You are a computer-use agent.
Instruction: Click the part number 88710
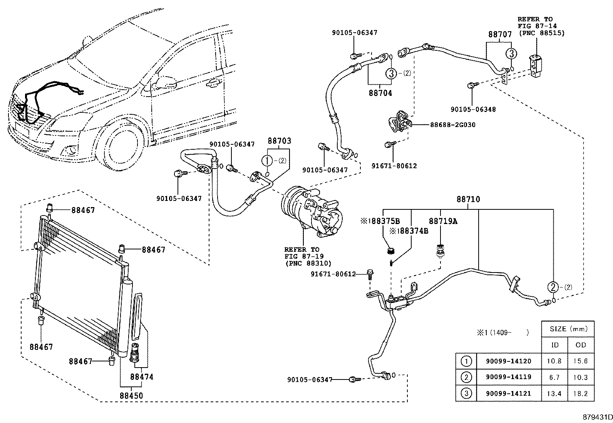click(x=468, y=199)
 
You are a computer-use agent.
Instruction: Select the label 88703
click(x=280, y=141)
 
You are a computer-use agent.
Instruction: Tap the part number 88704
click(x=380, y=93)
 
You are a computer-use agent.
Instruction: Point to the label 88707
click(x=500, y=34)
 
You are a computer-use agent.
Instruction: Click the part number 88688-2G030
click(x=452, y=125)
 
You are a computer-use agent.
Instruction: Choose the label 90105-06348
click(x=473, y=109)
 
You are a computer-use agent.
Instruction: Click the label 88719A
click(x=443, y=221)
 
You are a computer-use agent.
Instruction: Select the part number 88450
click(x=131, y=396)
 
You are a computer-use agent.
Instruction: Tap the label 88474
click(x=142, y=376)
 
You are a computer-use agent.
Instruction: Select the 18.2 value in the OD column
click(x=580, y=393)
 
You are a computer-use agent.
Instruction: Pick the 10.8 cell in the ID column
click(x=554, y=361)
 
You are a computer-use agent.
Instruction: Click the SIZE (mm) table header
click(x=567, y=329)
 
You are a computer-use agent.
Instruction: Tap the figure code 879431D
click(x=597, y=417)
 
